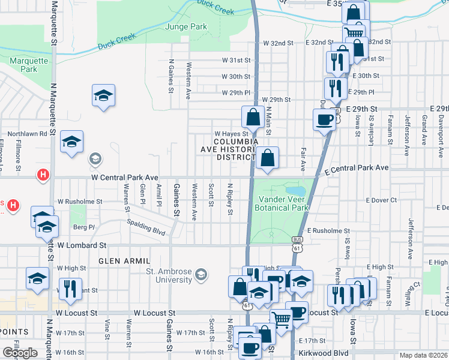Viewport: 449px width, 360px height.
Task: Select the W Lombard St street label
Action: tap(82, 245)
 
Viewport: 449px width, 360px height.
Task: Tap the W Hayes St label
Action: tap(231, 134)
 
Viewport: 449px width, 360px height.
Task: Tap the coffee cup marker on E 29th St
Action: tap(324, 119)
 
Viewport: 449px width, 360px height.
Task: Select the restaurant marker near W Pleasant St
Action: tap(70, 289)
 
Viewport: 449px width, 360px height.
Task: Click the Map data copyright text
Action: tap(424, 355)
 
